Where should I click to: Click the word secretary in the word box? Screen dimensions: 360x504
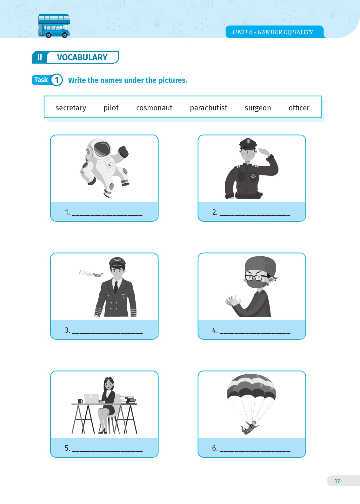point(71,108)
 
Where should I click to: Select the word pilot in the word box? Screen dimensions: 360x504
point(111,108)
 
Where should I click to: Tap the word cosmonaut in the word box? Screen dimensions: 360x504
point(154,108)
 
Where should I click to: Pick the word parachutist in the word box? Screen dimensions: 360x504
point(209,108)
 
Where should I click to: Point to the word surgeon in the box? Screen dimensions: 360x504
point(258,108)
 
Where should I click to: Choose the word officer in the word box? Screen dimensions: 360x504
point(299,108)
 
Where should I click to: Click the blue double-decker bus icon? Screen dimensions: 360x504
point(54,26)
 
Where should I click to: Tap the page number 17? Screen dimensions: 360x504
point(337,481)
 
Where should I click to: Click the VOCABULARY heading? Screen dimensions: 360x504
point(82,57)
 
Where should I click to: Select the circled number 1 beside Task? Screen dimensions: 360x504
point(57,80)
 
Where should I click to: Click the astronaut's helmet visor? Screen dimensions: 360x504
point(103,149)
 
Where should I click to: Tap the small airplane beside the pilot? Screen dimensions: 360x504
point(90,273)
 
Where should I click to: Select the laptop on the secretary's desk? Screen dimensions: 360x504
point(91,398)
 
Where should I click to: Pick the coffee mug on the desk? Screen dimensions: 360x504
point(80,401)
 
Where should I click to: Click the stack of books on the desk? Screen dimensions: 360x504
point(128,400)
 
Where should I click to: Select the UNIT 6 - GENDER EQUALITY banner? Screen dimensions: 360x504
point(275,32)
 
